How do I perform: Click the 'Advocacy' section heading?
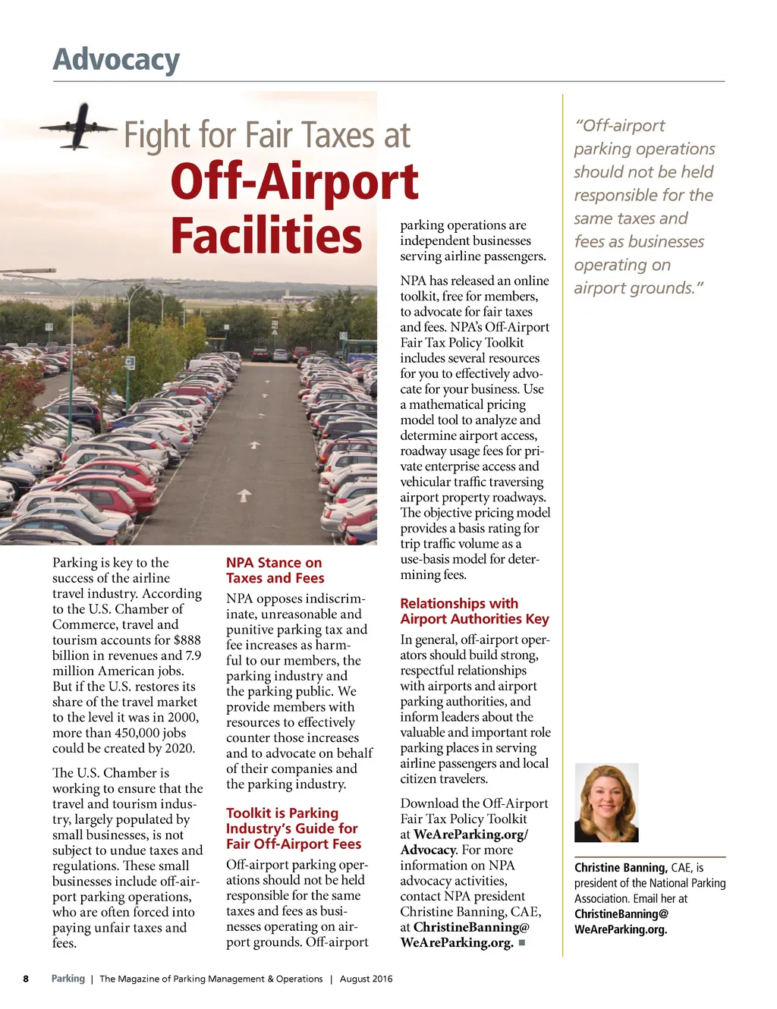(116, 59)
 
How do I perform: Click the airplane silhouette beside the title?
(78, 126)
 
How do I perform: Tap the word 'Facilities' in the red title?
(266, 235)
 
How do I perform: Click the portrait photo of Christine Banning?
(606, 803)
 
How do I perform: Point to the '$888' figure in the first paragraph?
(187, 640)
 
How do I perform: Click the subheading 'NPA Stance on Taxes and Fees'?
(274, 570)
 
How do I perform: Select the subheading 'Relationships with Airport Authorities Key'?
(474, 611)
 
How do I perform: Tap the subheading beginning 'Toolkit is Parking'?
(293, 828)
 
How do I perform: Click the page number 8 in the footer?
(26, 979)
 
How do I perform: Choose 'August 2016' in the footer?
(366, 979)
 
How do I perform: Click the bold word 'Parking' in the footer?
(68, 979)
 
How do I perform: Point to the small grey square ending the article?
(521, 943)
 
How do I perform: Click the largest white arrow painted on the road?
(244, 495)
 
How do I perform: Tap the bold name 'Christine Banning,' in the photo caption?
(621, 868)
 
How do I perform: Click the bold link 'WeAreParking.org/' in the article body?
(470, 835)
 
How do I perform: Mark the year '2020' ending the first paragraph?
(178, 748)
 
